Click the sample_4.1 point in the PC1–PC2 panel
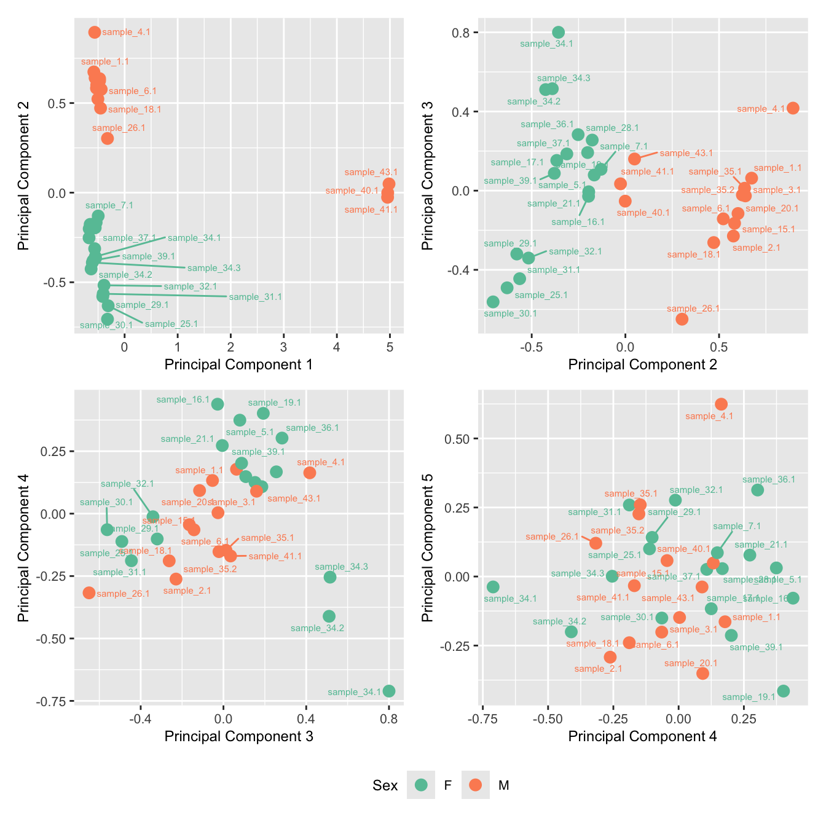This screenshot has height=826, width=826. coord(94,32)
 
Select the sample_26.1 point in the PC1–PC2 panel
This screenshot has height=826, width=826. coord(108,138)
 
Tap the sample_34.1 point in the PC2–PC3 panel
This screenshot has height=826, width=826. coord(558,33)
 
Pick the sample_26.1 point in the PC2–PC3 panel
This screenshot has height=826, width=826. coord(682,319)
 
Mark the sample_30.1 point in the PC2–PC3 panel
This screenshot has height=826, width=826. coord(493,302)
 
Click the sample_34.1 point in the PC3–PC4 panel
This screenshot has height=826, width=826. coord(388,691)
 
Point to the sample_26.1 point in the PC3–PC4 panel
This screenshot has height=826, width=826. coord(89,593)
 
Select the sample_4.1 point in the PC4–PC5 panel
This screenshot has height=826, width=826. coord(721,404)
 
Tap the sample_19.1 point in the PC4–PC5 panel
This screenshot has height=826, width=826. coord(783,691)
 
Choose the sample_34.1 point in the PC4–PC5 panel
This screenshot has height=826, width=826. coord(493,587)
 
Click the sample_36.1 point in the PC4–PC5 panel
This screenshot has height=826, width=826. coord(757,490)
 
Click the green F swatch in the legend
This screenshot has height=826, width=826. coord(421,785)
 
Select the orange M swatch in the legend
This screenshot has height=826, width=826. coord(475,785)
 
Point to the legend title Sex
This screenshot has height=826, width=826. coord(385,785)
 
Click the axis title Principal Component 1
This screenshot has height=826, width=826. coord(238,364)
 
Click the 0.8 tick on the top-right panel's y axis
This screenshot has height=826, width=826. coord(461,33)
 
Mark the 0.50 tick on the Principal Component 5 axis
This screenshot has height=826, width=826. coord(457,439)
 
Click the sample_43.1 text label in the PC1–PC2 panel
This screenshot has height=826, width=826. coord(371,172)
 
